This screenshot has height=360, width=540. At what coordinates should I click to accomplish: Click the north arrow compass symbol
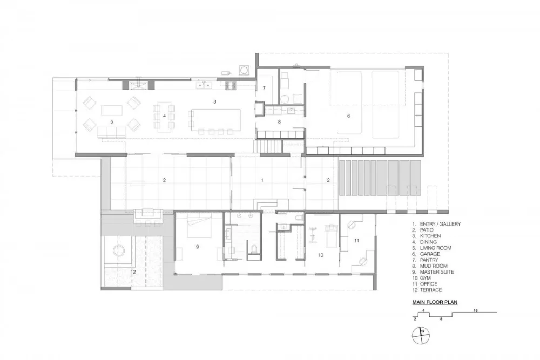pyautogui.click(x=422, y=336)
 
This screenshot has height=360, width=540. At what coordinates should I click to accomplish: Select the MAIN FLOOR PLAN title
pyautogui.click(x=435, y=302)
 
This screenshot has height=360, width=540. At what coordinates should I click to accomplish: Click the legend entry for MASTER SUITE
pyautogui.click(x=437, y=272)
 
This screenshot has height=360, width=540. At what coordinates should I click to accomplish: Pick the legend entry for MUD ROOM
pyautogui.click(x=433, y=266)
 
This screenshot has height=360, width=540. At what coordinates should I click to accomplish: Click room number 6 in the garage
pyautogui.click(x=348, y=115)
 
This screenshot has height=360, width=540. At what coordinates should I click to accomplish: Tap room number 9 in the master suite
pyautogui.click(x=198, y=247)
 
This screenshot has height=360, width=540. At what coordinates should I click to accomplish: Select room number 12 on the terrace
pyautogui.click(x=133, y=272)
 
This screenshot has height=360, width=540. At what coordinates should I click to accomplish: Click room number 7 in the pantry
pyautogui.click(x=264, y=88)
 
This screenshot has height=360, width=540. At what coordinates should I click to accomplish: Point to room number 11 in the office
pyautogui.click(x=356, y=239)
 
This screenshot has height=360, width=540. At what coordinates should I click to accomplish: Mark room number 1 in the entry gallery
pyautogui.click(x=262, y=180)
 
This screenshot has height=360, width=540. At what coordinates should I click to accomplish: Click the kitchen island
pyautogui.click(x=214, y=120)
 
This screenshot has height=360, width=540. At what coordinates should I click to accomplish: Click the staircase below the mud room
pyautogui.click(x=268, y=146)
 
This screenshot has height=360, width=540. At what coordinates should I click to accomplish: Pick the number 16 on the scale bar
pyautogui.click(x=475, y=311)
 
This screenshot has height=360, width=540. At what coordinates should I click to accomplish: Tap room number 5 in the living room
pyautogui.click(x=112, y=122)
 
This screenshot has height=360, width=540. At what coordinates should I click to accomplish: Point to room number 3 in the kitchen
pyautogui.click(x=214, y=101)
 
